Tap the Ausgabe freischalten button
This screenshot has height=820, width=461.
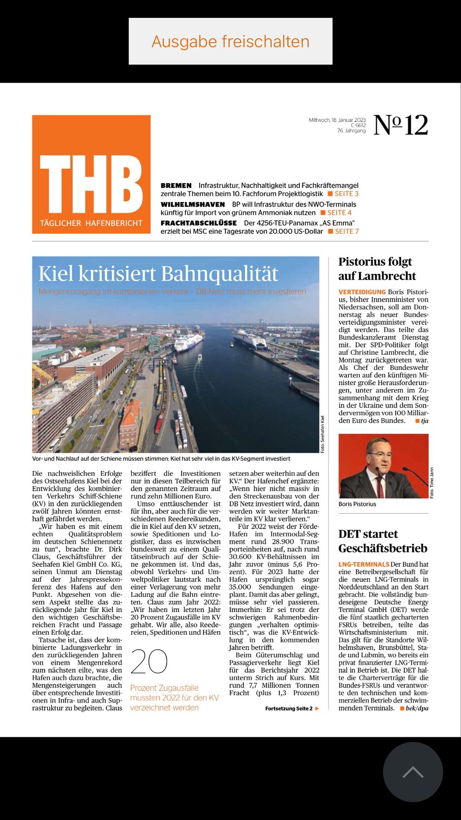[230, 42]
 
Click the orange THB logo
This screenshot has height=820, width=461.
[91, 174]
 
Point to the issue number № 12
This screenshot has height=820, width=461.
[401, 125]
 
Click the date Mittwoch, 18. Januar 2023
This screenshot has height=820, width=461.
[337, 120]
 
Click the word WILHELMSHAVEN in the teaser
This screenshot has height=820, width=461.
[193, 204]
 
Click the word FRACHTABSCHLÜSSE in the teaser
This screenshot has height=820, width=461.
[199, 223]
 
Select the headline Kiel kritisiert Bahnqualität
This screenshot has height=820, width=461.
[158, 274]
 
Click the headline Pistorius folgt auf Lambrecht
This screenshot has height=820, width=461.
[377, 269]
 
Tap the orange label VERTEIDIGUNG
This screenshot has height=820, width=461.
[362, 292]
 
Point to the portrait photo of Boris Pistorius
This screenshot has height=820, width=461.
[383, 466]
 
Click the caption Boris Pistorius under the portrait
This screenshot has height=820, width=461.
[357, 504]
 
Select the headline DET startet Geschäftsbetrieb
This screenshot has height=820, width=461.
[383, 541]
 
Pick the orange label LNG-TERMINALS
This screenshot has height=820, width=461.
[364, 564]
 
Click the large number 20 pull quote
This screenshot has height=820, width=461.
[149, 661]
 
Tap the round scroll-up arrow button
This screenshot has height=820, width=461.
[413, 772]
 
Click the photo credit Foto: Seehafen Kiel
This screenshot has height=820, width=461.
[323, 434]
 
